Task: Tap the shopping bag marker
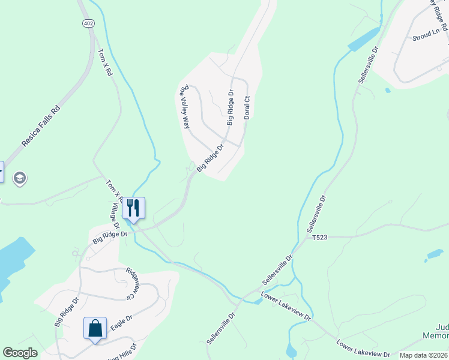(95, 328)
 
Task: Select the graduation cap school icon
(19, 178)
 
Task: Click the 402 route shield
(88, 23)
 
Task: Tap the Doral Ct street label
(246, 107)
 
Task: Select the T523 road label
(319, 238)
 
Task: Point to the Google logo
(21, 353)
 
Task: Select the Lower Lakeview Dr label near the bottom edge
(363, 349)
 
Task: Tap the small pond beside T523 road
(434, 255)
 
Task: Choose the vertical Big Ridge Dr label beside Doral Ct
(230, 107)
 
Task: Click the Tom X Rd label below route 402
(105, 62)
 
